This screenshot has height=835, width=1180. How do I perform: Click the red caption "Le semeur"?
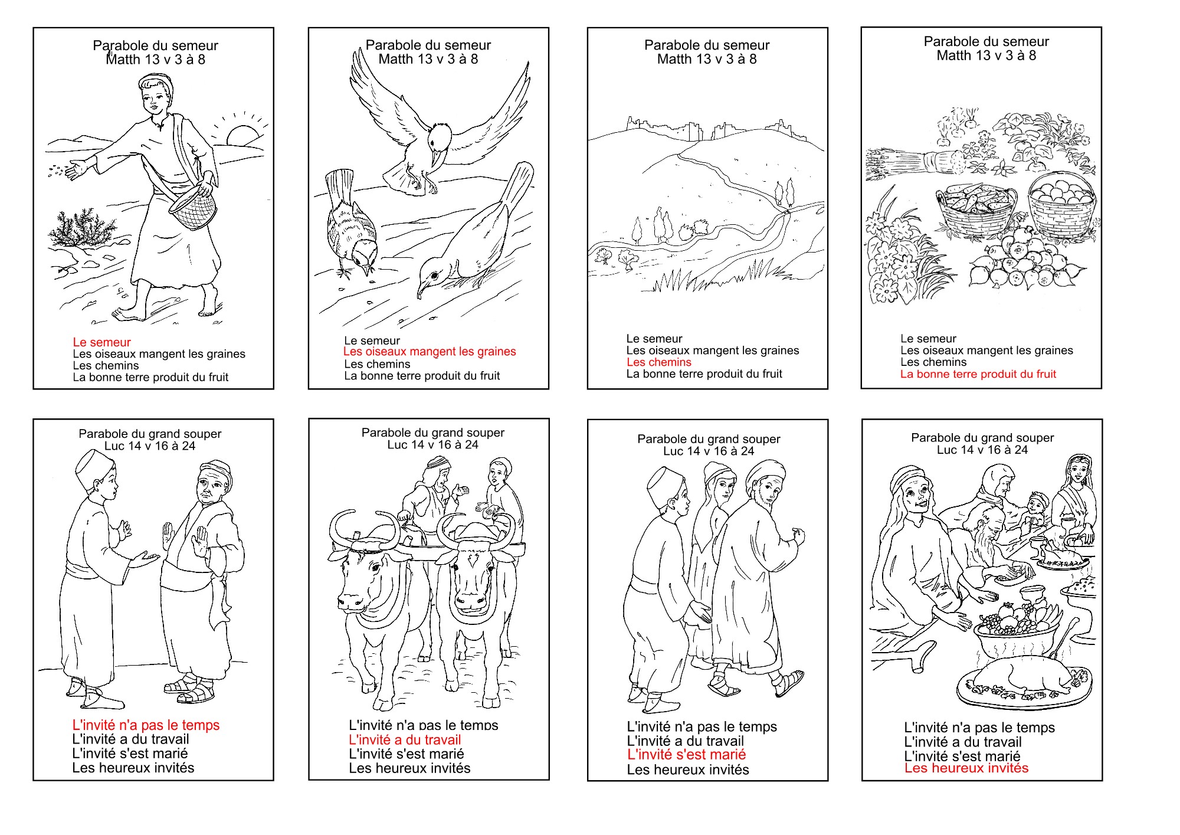(x=101, y=342)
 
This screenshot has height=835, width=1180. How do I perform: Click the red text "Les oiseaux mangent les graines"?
(x=430, y=352)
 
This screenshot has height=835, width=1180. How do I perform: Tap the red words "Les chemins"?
(x=659, y=362)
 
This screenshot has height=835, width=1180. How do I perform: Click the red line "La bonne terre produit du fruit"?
(x=978, y=374)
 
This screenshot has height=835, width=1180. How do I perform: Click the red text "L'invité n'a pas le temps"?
(x=146, y=725)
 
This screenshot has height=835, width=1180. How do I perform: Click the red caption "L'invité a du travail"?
(x=405, y=740)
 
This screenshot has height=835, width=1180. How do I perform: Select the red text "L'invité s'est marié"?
(x=686, y=755)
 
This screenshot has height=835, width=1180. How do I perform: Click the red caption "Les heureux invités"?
(x=966, y=768)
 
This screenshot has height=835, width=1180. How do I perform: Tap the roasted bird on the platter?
(x=1024, y=679)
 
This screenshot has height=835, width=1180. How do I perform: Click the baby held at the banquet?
(x=1034, y=510)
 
